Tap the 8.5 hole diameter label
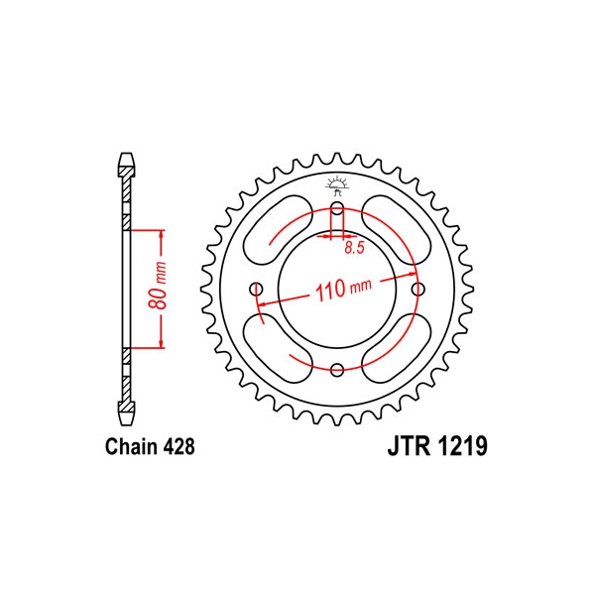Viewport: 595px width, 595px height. click(354, 248)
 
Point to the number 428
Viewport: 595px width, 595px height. click(179, 446)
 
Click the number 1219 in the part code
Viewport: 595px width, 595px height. click(461, 446)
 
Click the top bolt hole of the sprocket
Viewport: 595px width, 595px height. click(337, 208)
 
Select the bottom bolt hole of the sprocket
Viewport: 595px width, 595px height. click(337, 369)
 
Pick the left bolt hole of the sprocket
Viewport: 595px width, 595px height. click(257, 290)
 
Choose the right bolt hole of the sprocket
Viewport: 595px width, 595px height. click(417, 290)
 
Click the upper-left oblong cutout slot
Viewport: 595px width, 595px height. click(278, 230)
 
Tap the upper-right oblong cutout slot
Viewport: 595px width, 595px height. click(396, 230)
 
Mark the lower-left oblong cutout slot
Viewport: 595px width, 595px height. click(278, 348)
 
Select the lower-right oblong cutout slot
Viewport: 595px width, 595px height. click(396, 348)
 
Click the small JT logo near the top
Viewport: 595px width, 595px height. click(336, 186)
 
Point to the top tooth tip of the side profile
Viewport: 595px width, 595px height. click(126, 154)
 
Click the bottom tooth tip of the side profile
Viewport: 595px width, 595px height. click(126, 424)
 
